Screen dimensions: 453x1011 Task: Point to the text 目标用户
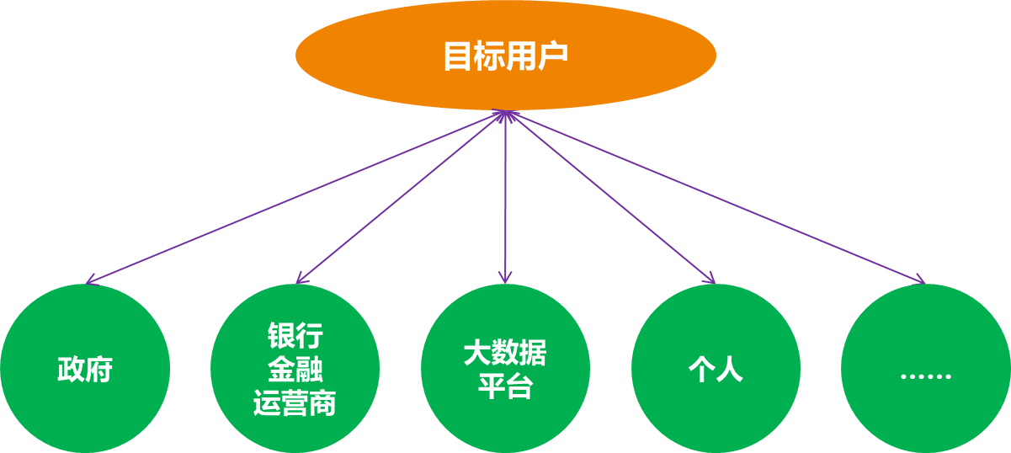tap(505, 56)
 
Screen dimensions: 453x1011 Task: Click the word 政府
tap(85, 370)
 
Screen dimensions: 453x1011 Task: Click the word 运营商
tap(295, 403)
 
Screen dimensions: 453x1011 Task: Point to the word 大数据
tap(505, 353)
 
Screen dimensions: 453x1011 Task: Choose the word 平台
tap(505, 386)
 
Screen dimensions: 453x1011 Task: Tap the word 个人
tap(716, 370)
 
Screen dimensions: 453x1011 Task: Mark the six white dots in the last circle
tap(925, 376)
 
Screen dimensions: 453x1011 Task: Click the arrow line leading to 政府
tap(295, 196)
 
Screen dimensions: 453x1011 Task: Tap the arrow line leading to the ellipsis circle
tap(716, 196)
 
